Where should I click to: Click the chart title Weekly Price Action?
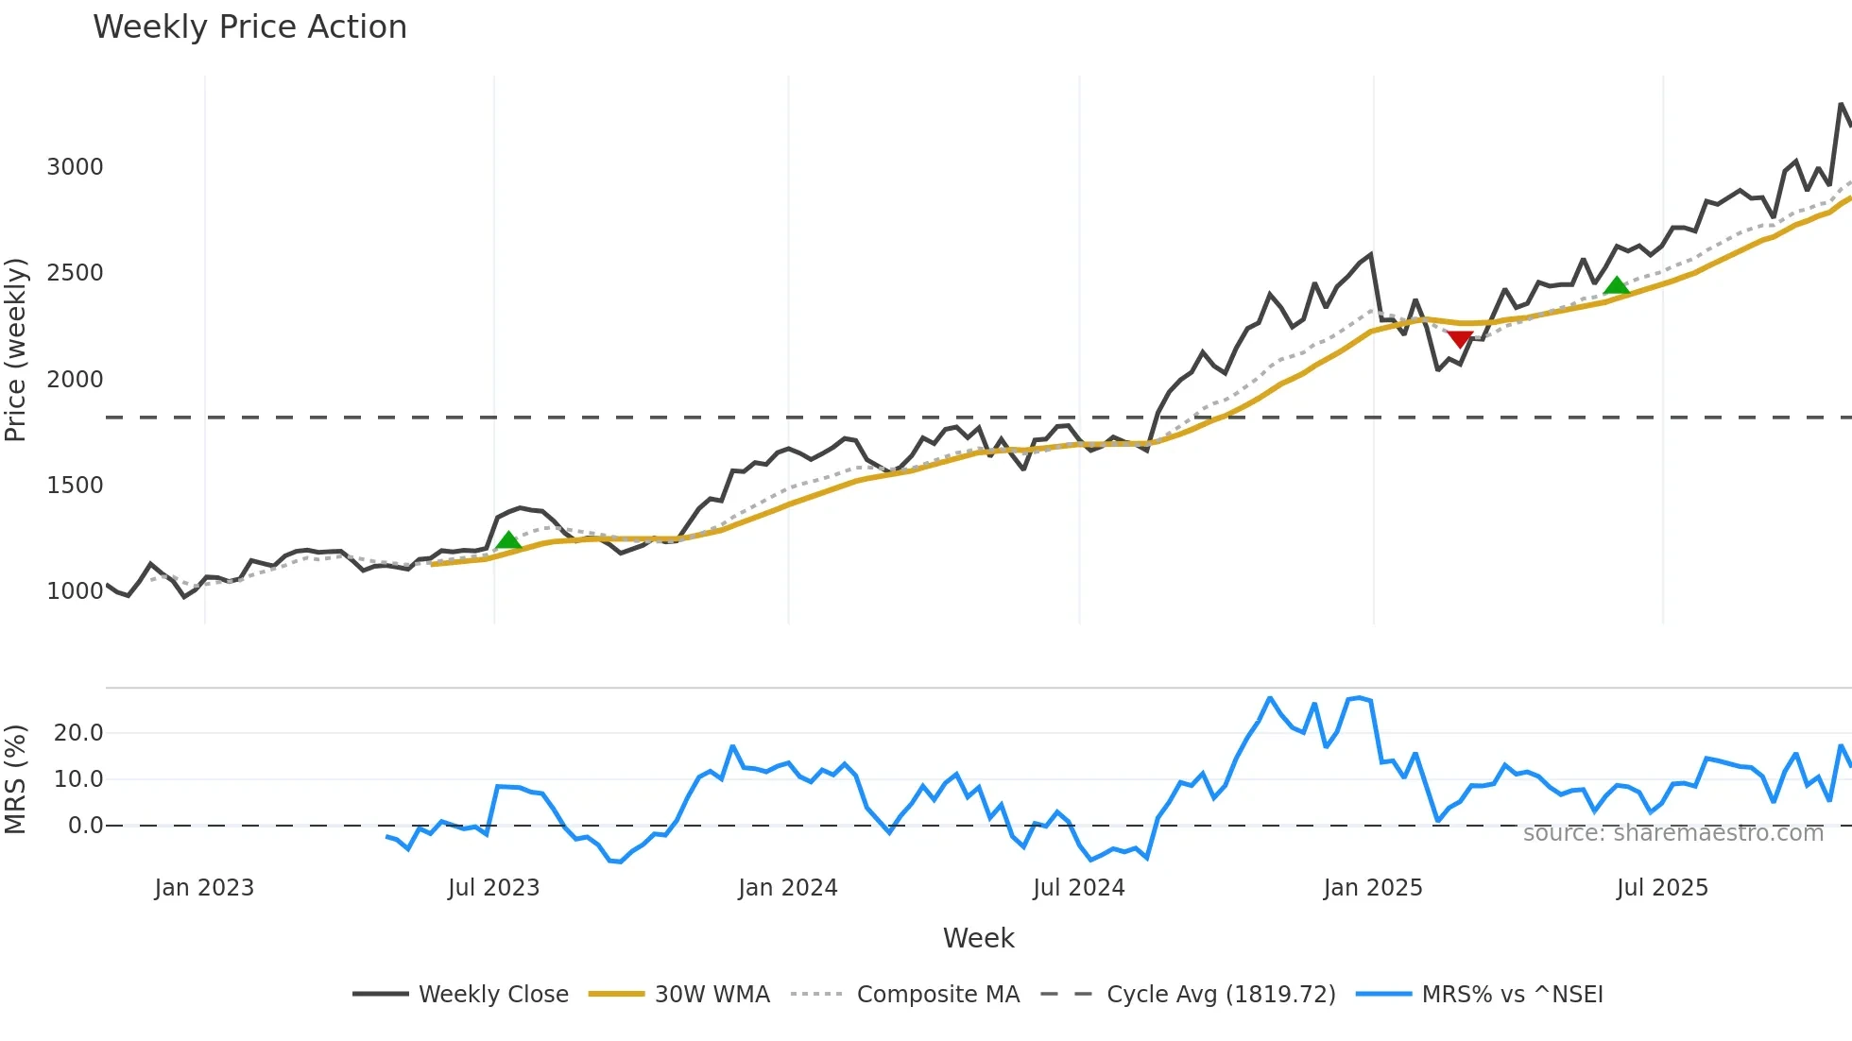click(x=249, y=27)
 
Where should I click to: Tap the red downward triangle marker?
click(x=1460, y=339)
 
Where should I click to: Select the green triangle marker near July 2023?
click(x=508, y=540)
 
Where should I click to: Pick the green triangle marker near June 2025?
click(x=1617, y=285)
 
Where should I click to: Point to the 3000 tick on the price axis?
click(x=75, y=167)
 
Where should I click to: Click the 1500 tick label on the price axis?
click(x=75, y=486)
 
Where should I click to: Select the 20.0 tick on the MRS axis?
click(x=78, y=733)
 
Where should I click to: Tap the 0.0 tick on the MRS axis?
click(x=85, y=826)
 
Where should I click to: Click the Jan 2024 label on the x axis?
click(x=787, y=888)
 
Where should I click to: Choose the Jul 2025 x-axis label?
click(x=1662, y=888)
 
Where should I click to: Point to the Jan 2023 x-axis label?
click(x=204, y=888)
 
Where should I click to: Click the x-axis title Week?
click(x=978, y=938)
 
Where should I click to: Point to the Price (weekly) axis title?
click(x=15, y=350)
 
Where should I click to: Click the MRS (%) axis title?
click(x=15, y=779)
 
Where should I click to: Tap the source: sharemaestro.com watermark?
click(x=1672, y=833)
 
